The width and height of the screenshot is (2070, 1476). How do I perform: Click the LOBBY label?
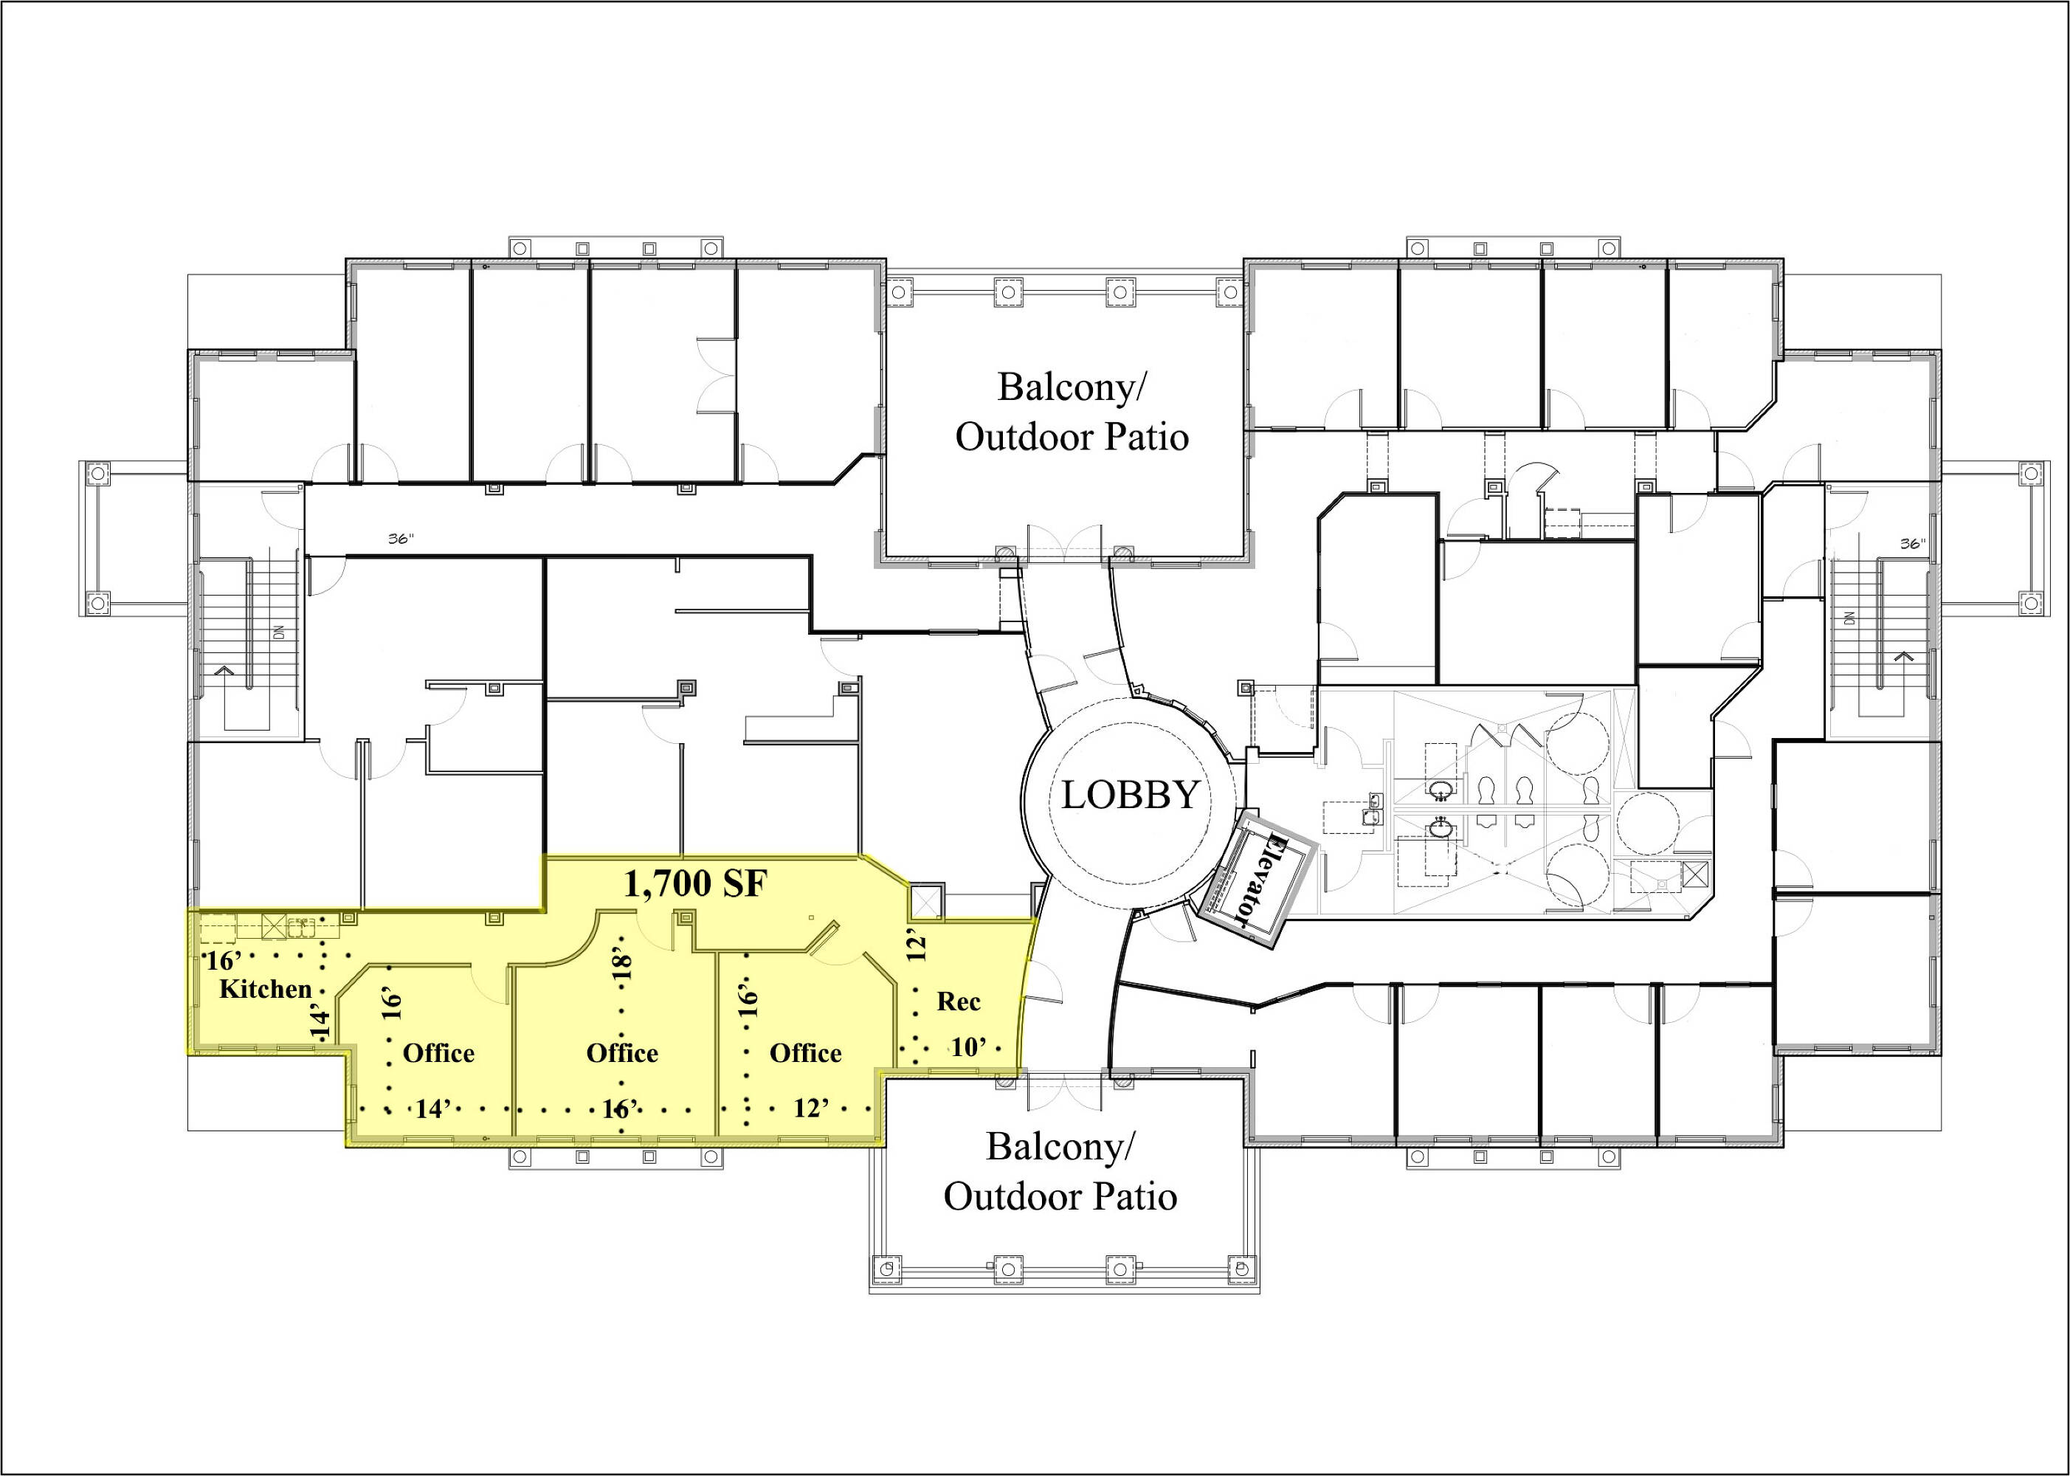pyautogui.click(x=1131, y=796)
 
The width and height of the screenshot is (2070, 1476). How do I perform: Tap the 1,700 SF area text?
pyautogui.click(x=696, y=883)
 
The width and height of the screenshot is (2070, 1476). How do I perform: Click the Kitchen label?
pyautogui.click(x=266, y=989)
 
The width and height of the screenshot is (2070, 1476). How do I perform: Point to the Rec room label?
pyautogui.click(x=959, y=1001)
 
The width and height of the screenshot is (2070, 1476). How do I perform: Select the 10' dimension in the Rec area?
pyautogui.click(x=969, y=1047)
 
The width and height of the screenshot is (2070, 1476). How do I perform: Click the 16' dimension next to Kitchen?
pyautogui.click(x=223, y=962)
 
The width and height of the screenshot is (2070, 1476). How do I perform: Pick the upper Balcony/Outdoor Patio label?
pyautogui.click(x=1072, y=412)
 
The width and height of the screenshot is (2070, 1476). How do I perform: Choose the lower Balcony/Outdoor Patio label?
pyautogui.click(x=1060, y=1171)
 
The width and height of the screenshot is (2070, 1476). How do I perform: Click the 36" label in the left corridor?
pyautogui.click(x=401, y=538)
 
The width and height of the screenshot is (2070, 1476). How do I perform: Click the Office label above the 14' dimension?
pyautogui.click(x=439, y=1053)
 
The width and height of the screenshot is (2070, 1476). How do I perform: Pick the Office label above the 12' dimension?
pyautogui.click(x=806, y=1053)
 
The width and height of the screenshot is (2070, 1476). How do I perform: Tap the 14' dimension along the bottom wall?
pyautogui.click(x=435, y=1108)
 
